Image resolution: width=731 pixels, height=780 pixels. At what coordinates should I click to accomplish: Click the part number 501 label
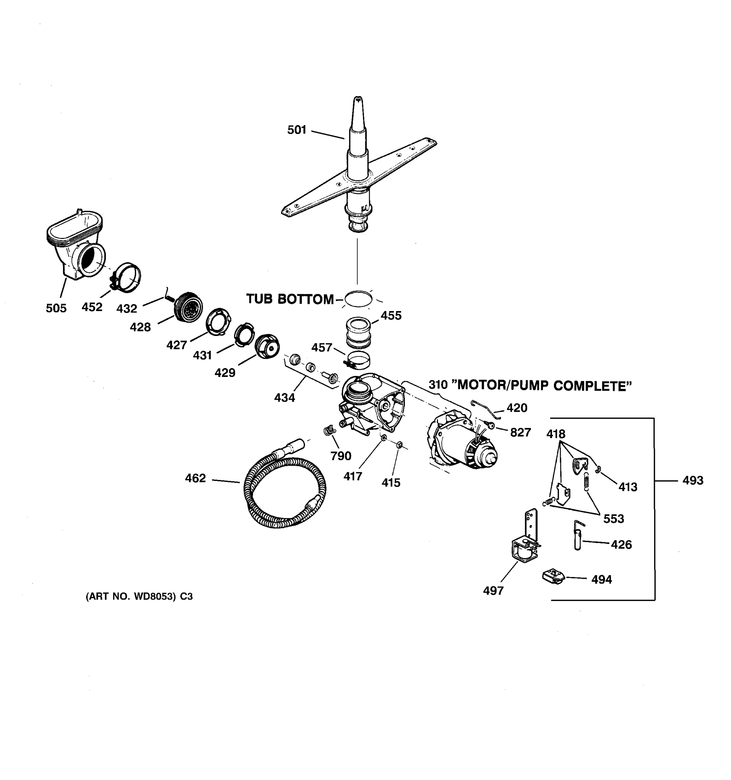(x=297, y=130)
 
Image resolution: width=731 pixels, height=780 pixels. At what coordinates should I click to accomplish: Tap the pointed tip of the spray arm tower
(x=357, y=99)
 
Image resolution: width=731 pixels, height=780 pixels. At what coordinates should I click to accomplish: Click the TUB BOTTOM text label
(x=289, y=299)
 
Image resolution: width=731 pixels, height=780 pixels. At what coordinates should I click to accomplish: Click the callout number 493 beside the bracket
(x=693, y=480)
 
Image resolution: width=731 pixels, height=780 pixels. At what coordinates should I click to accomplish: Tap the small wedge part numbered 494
(x=553, y=577)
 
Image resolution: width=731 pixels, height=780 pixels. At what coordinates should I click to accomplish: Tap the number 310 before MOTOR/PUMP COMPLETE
(x=438, y=385)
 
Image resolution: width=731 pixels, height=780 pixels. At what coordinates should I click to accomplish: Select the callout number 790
(x=340, y=456)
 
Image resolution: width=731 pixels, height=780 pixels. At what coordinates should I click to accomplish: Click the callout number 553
(x=613, y=519)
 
